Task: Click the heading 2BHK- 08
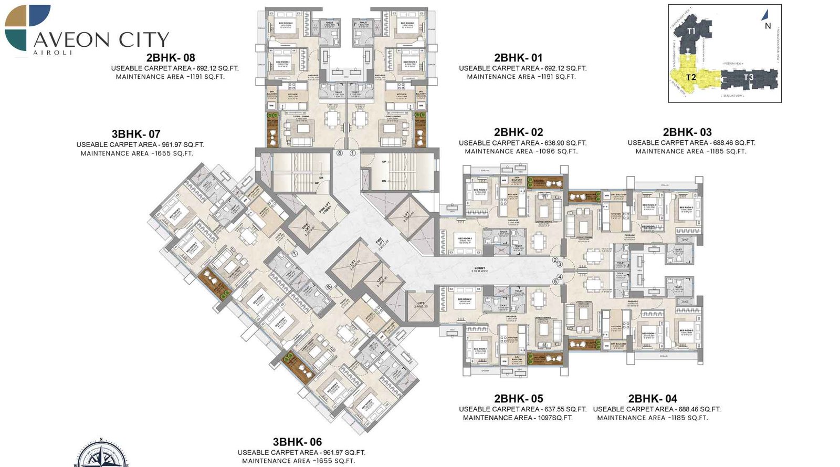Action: pyautogui.click(x=171, y=58)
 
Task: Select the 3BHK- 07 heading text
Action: pyautogui.click(x=135, y=134)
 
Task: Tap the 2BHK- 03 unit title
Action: pyautogui.click(x=687, y=132)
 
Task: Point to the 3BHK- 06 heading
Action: pyautogui.click(x=297, y=442)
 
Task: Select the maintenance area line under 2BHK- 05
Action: pyautogui.click(x=517, y=418)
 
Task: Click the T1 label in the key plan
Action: pyautogui.click(x=691, y=31)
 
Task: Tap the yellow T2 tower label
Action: pyautogui.click(x=691, y=77)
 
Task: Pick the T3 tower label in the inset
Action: pyautogui.click(x=748, y=77)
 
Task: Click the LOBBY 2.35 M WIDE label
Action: pyautogui.click(x=479, y=269)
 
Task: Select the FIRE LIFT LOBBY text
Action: pyautogui.click(x=325, y=208)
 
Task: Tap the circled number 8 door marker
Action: pyautogui.click(x=340, y=153)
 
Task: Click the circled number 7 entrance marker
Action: pyautogui.click(x=295, y=253)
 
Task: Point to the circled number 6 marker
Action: pyautogui.click(x=329, y=287)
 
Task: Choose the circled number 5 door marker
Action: pyautogui.click(x=555, y=282)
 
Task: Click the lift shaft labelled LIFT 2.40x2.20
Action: pyautogui.click(x=421, y=305)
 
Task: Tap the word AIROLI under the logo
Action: pyautogui.click(x=52, y=53)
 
